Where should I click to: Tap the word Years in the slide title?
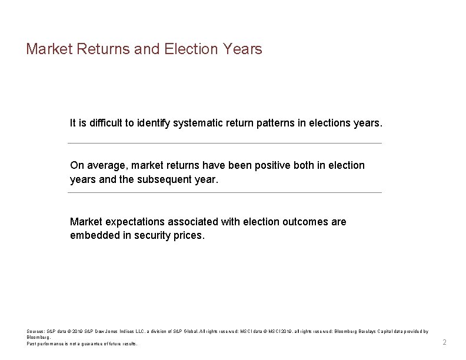click(x=242, y=49)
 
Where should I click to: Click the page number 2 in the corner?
click(x=445, y=342)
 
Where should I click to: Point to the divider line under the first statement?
click(x=224, y=143)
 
